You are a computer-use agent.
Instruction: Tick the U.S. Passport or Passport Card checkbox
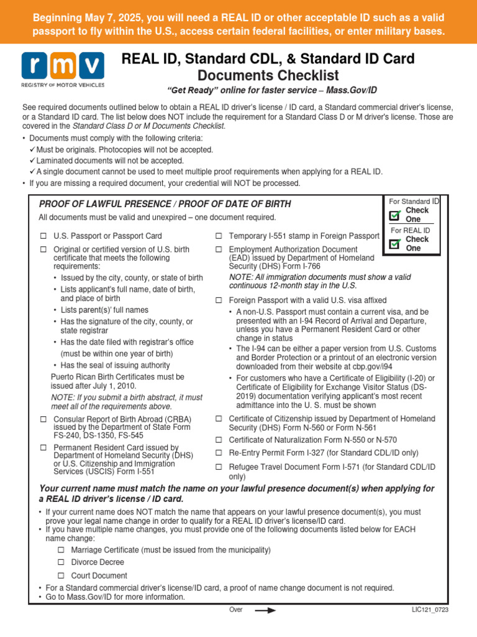pos(43,236)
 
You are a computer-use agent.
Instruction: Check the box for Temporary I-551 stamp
pos(219,236)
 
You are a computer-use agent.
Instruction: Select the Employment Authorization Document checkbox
pos(219,249)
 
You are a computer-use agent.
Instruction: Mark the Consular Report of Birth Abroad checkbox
pos(43,419)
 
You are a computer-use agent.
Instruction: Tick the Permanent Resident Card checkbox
pos(43,447)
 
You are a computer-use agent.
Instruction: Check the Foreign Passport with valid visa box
pos(219,300)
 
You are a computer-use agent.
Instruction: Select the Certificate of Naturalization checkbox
pos(219,440)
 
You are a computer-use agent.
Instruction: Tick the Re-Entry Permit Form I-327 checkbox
pos(219,453)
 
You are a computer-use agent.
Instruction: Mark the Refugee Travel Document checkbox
pos(219,467)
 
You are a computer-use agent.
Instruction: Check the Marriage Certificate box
pos(61,550)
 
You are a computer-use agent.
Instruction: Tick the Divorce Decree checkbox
pos(61,562)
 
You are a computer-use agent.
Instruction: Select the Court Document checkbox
pos(61,575)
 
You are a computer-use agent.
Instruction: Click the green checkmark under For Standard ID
pos(395,215)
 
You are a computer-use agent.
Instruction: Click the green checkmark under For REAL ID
pos(395,244)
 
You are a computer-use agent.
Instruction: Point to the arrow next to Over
pos(265,610)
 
